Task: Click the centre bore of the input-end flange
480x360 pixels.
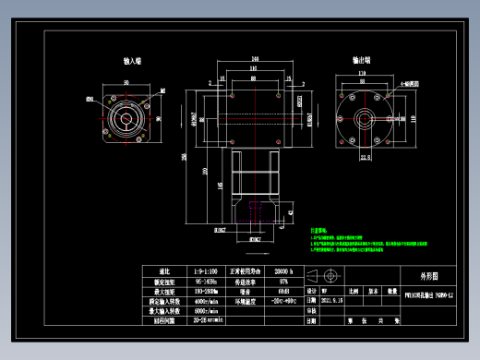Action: [x=124, y=118]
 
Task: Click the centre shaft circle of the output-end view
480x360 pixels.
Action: [x=365, y=118]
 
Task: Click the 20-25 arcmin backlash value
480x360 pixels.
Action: [x=207, y=322]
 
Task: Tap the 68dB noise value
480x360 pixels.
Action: [x=282, y=291]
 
